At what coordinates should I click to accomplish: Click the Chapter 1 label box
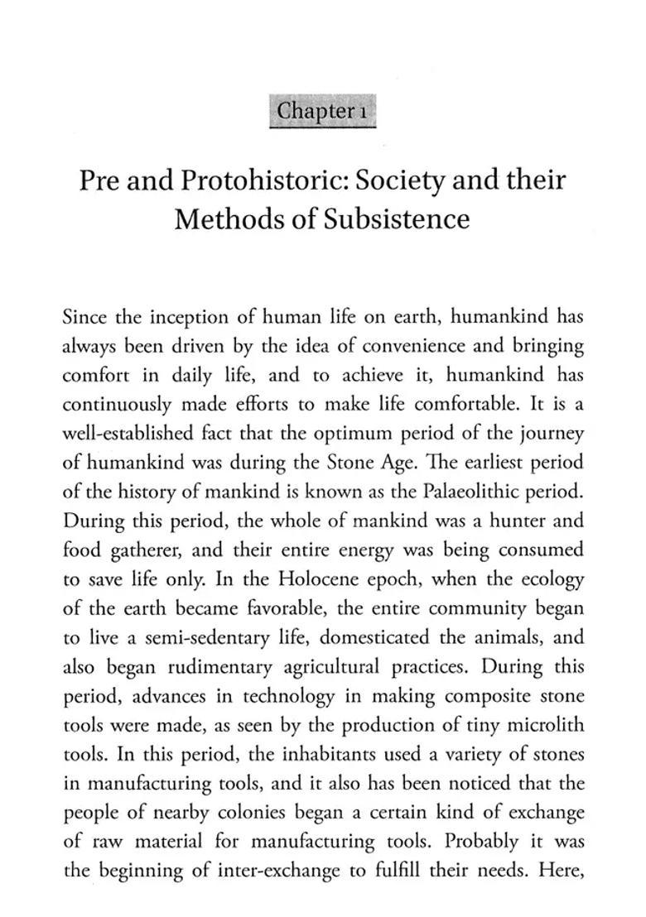coord(323,111)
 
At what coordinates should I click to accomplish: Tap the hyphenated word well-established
coord(119,434)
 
